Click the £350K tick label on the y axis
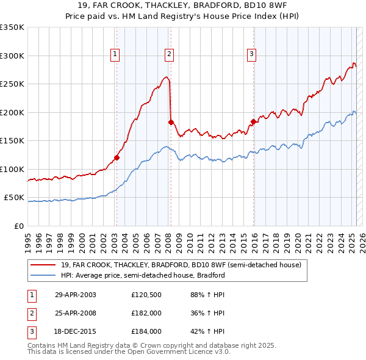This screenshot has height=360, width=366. click(12, 27)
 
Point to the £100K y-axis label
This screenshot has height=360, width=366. click(12, 169)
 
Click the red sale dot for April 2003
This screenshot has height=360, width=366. click(117, 157)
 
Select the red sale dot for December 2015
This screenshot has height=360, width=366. click(253, 121)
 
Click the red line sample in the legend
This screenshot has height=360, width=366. click(42, 265)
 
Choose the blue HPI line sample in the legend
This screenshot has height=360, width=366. click(42, 275)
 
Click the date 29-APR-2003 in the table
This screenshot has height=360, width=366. click(76, 294)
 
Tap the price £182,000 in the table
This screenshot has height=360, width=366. click(146, 313)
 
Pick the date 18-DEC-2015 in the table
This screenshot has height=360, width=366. click(76, 331)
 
